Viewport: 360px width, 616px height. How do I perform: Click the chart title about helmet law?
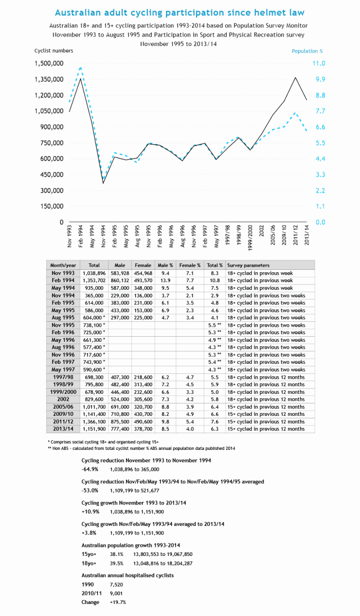click(179, 12)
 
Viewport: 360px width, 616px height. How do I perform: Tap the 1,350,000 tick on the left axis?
click(48, 79)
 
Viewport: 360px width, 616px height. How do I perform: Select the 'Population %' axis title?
click(307, 51)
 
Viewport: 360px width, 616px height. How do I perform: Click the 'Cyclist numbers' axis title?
click(53, 51)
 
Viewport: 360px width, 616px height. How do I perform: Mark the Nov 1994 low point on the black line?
click(103, 183)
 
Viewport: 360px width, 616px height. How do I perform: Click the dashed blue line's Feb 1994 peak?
click(80, 67)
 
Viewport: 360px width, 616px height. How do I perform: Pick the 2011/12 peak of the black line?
click(295, 78)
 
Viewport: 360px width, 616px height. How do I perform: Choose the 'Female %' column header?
click(190, 265)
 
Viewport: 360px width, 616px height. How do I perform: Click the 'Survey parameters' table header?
click(248, 265)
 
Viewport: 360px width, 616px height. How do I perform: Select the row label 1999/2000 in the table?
click(63, 392)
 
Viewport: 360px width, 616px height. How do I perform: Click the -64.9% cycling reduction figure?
click(90, 469)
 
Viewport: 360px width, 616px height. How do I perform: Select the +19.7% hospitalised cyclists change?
click(117, 602)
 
